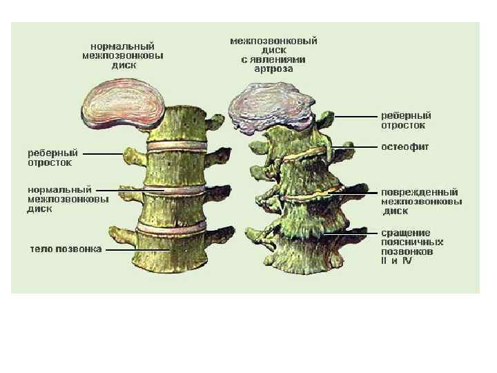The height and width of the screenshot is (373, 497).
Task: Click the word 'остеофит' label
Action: [405, 147]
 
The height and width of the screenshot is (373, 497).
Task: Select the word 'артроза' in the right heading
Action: [273, 69]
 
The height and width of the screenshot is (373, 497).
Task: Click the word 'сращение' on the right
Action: [405, 233]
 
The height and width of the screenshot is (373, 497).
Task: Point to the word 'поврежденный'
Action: [420, 191]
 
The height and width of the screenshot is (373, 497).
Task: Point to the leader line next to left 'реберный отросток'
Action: [104, 153]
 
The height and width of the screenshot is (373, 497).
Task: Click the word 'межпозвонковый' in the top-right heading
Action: [273, 41]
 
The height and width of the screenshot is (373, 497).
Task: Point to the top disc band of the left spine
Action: [176, 147]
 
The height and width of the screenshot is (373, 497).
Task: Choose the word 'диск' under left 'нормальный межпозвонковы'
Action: [38, 209]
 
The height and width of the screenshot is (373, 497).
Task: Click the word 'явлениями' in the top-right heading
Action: [280, 59]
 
